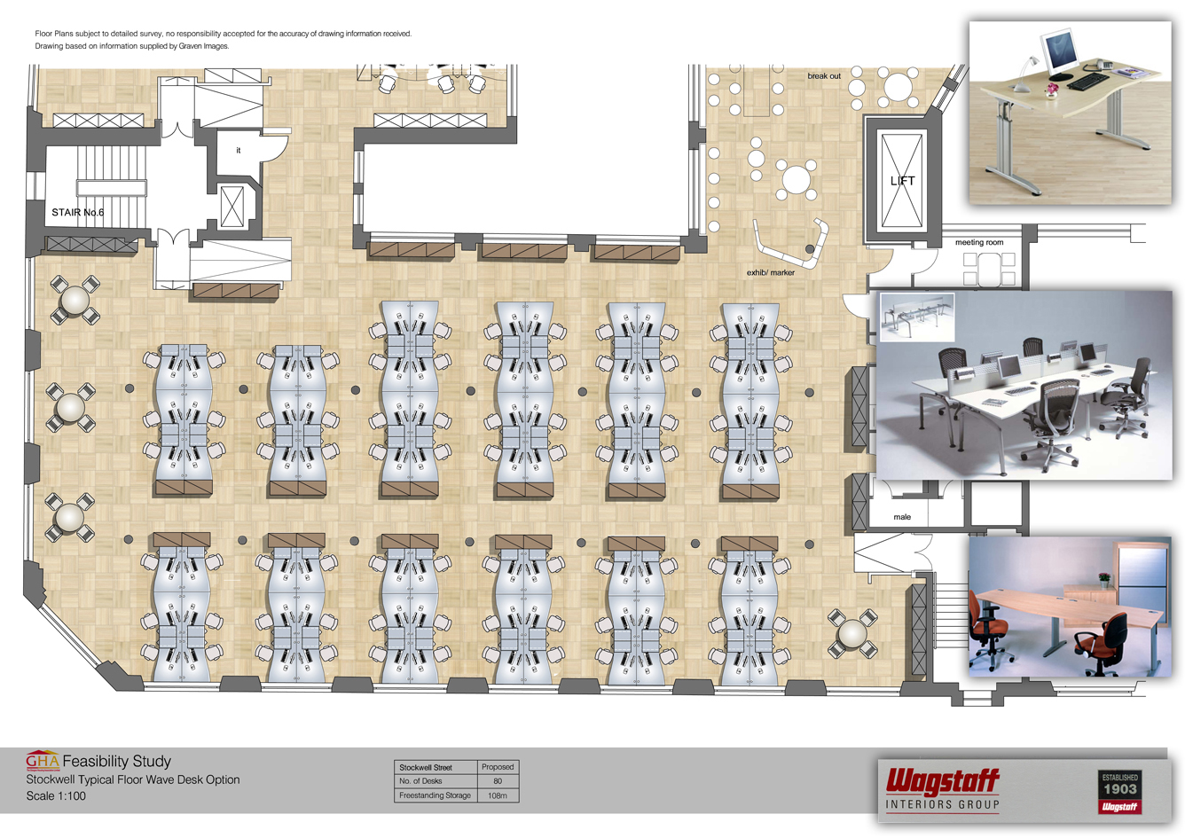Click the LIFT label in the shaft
(x=903, y=181)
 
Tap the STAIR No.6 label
(x=78, y=212)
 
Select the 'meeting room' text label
(x=979, y=242)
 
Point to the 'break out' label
(x=824, y=76)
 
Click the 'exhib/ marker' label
(x=770, y=272)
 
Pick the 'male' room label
(x=902, y=517)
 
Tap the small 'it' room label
(x=238, y=150)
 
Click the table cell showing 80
(x=498, y=781)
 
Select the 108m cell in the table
(x=498, y=795)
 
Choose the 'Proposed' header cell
(x=498, y=767)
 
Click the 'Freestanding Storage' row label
(x=435, y=795)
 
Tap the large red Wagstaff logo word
(x=943, y=782)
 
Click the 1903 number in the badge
(x=1120, y=789)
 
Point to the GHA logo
(x=43, y=760)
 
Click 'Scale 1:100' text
(x=56, y=795)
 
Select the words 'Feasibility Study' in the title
(x=117, y=761)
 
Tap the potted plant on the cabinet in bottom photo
(x=1104, y=579)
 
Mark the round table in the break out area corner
(x=898, y=87)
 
